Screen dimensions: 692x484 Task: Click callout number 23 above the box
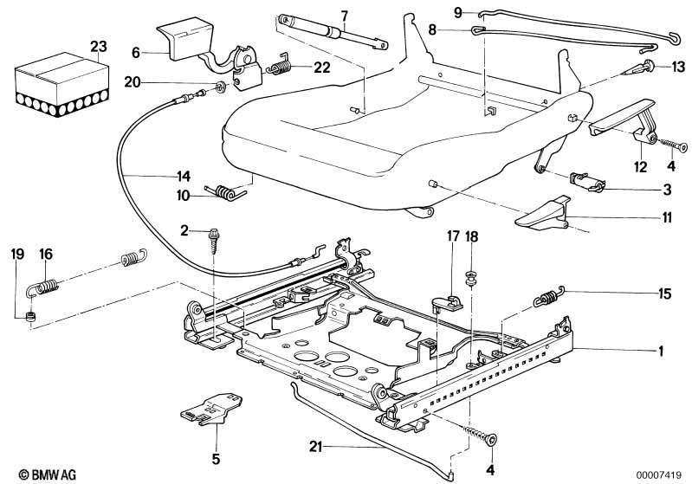pyautogui.click(x=99, y=47)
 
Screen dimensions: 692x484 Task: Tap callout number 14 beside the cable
pyautogui.click(x=183, y=176)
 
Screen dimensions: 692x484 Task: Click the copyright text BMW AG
pyautogui.click(x=48, y=474)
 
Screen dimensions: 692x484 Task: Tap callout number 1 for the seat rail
pyautogui.click(x=661, y=352)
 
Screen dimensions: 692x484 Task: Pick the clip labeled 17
pyautogui.click(x=447, y=301)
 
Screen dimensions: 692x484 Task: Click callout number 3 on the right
pyautogui.click(x=667, y=190)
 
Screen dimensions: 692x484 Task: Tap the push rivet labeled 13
pyautogui.click(x=638, y=68)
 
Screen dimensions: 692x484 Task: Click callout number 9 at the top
pyautogui.click(x=458, y=12)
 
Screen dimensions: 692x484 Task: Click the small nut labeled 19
pyautogui.click(x=30, y=316)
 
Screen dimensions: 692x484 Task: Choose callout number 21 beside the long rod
pyautogui.click(x=315, y=447)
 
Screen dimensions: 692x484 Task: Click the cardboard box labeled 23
pyautogui.click(x=61, y=85)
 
